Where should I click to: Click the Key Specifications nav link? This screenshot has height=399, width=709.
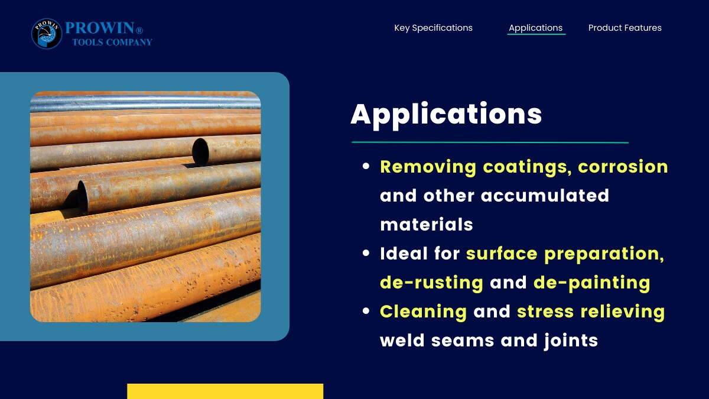click(433, 28)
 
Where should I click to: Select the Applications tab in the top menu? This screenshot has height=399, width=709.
click(535, 28)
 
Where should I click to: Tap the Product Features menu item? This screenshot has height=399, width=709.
click(625, 28)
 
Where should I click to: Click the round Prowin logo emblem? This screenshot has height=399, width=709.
click(47, 34)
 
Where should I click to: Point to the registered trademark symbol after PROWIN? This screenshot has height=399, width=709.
click(139, 30)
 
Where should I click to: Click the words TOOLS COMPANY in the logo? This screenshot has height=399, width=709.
click(112, 42)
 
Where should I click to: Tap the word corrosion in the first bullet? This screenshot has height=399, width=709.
click(623, 167)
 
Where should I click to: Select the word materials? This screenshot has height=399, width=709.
click(427, 225)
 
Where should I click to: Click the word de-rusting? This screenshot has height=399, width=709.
click(431, 283)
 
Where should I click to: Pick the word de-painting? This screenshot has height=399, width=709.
click(592, 283)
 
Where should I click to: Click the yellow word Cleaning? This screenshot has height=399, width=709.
click(423, 312)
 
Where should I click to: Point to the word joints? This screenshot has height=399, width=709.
click(571, 341)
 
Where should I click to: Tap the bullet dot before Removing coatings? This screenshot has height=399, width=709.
click(366, 166)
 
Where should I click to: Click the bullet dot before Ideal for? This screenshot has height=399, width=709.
click(366, 253)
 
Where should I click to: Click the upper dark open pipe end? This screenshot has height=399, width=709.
click(200, 152)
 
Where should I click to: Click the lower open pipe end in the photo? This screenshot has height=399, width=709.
click(83, 196)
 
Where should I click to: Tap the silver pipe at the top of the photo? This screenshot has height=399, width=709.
click(145, 103)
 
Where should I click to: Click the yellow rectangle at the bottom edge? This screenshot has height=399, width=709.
click(225, 391)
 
